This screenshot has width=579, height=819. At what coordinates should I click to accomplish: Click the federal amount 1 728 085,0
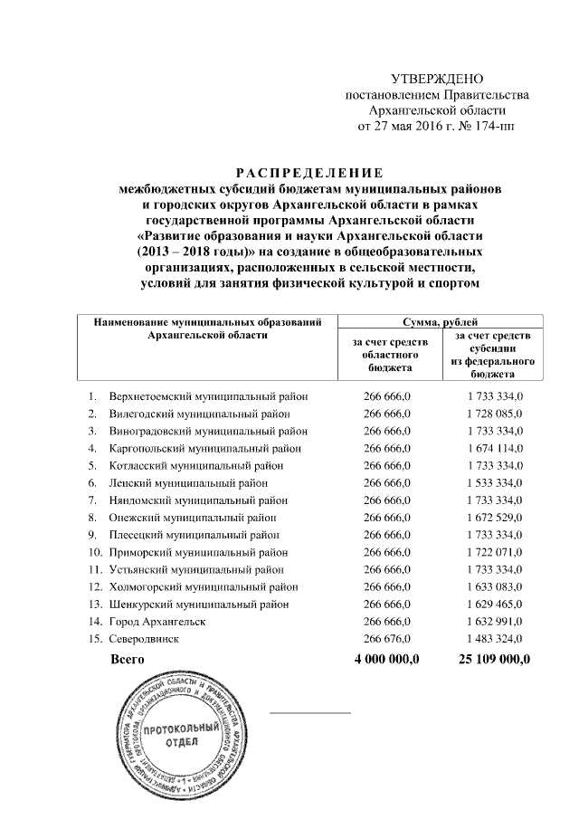coord(490,414)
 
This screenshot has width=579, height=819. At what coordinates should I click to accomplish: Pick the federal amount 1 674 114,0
coord(490,448)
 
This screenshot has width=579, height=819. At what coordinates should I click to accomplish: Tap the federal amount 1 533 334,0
coord(490,482)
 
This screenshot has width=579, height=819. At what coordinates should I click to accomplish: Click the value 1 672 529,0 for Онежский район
coord(490,518)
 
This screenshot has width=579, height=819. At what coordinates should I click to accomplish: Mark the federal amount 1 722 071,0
coord(490,552)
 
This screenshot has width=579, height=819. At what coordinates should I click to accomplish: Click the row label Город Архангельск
coord(157,622)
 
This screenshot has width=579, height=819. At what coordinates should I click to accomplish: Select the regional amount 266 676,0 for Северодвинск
coord(387,639)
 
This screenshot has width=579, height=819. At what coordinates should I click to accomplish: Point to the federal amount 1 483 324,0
coord(490,639)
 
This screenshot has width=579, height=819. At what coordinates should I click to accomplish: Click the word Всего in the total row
coord(127,660)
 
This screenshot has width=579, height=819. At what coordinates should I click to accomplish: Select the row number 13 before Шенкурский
coord(94,605)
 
